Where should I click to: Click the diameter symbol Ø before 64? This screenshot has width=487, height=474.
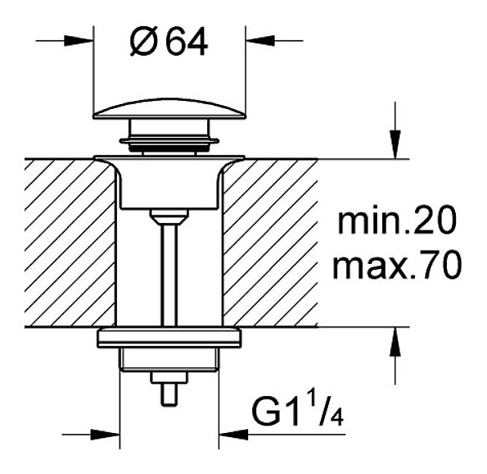144,41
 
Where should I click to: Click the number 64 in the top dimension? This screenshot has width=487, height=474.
187,41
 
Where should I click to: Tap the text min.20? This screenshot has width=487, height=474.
397,220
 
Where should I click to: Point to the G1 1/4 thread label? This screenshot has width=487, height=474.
298,412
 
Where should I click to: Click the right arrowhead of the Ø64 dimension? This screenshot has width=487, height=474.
260,41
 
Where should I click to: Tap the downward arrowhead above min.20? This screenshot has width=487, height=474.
395,144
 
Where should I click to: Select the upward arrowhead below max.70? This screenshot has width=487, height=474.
395,341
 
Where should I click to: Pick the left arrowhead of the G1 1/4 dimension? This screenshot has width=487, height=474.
106,435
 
